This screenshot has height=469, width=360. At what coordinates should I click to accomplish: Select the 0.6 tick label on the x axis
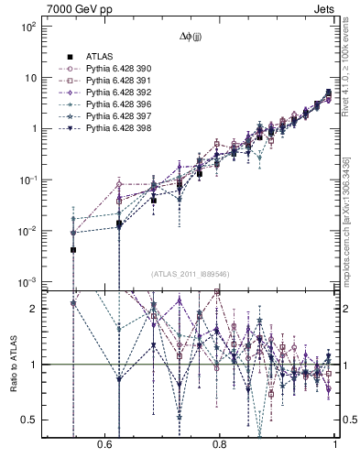coord(104,442)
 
